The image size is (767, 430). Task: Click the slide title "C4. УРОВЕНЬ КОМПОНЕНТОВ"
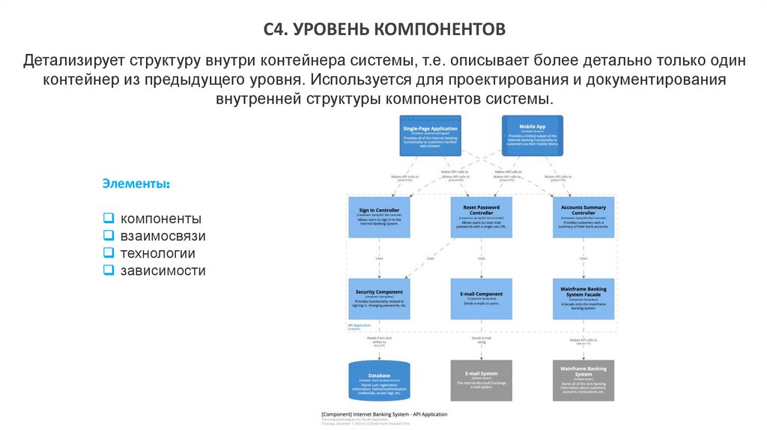[x=384, y=31]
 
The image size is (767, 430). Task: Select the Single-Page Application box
[x=429, y=135]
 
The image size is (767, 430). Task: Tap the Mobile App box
[x=531, y=135]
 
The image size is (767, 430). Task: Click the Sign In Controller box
[x=379, y=217]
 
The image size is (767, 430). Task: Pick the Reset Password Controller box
[x=481, y=217]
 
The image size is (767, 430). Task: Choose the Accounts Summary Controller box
[x=583, y=217]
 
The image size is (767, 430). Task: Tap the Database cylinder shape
[x=379, y=381]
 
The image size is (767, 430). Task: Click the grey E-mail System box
[x=481, y=380]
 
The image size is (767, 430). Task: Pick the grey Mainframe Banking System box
[x=583, y=380]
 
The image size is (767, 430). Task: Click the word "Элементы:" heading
[x=136, y=184]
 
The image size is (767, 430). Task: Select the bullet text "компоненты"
[x=160, y=219]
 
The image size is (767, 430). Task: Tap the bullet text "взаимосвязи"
[x=163, y=236]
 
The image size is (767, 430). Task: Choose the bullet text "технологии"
[x=157, y=253]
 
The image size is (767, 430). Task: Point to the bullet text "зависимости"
[x=163, y=270]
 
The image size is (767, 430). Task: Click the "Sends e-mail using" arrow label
[x=482, y=340]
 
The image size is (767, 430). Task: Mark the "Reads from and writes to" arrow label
[x=380, y=340]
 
